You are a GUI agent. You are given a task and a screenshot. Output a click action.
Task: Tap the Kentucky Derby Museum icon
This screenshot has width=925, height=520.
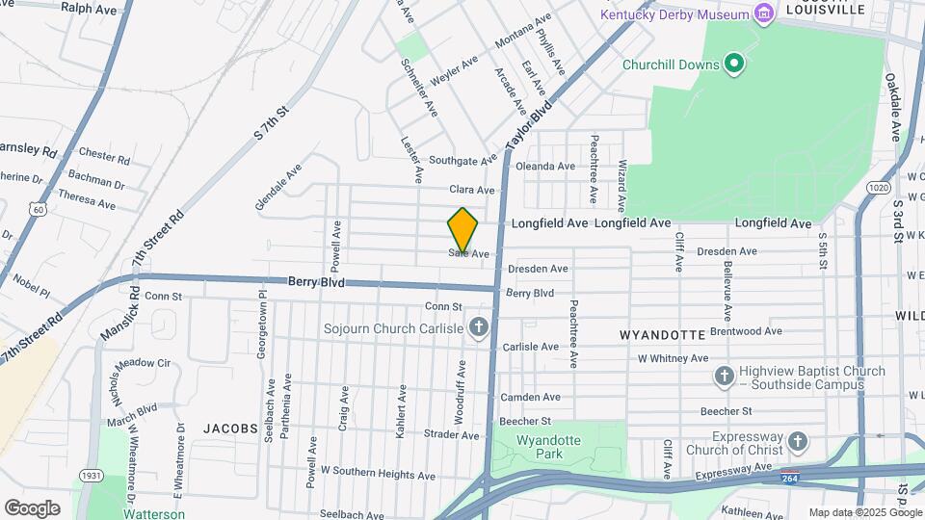pos(764,13)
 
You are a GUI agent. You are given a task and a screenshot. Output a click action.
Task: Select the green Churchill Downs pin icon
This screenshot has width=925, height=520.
pos(734,65)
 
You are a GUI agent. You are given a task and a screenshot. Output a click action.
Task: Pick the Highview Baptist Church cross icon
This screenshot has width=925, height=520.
pos(725,375)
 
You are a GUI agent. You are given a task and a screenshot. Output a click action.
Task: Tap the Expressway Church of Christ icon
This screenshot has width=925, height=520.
pos(797,442)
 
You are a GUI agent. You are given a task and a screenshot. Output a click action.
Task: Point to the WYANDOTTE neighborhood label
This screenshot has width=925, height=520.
pos(662,335)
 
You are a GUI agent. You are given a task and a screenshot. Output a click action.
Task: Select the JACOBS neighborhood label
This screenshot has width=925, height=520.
pos(230,428)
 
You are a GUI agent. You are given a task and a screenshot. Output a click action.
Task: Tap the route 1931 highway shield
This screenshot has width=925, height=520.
pos(92,476)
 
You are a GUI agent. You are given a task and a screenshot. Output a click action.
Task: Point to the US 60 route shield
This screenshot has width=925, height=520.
pos(37,208)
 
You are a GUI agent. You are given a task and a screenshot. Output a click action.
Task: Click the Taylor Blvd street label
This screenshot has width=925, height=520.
pos(526,128)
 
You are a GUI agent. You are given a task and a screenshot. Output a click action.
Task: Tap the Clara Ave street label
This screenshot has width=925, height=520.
pos(471,191)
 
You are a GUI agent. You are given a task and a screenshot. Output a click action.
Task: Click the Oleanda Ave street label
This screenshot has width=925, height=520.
pos(545,166)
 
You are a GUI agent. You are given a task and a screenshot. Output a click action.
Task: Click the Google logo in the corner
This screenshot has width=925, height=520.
pos(32,507)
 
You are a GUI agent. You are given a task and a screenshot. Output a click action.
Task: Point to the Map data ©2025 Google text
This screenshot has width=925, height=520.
pos(864,512)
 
